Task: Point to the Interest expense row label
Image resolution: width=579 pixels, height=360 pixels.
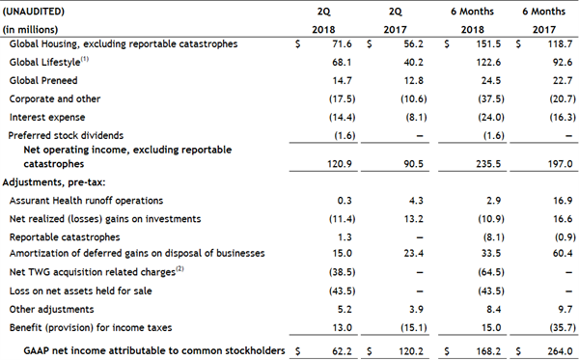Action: coord(42,117)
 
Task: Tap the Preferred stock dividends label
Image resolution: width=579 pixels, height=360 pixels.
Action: coord(66,135)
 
